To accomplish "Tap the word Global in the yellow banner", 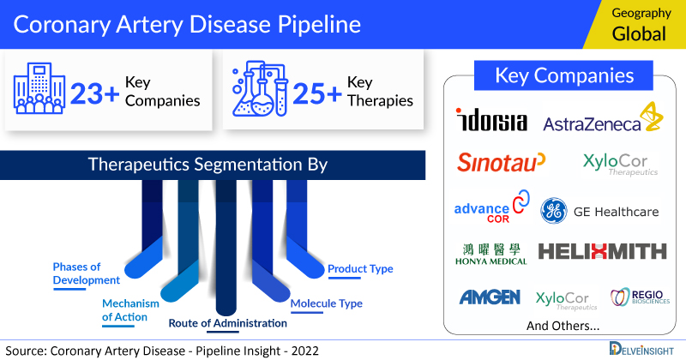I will click(639, 34).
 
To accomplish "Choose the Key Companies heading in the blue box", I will click(564, 75).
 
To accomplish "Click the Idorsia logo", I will click(492, 121).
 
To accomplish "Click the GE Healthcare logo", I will click(599, 211).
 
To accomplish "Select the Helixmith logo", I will click(602, 251).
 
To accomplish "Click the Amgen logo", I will click(490, 297).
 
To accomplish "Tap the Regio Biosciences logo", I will click(640, 297).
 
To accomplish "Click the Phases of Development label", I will click(86, 273).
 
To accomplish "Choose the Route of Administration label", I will click(226, 323).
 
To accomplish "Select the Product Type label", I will click(360, 269).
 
